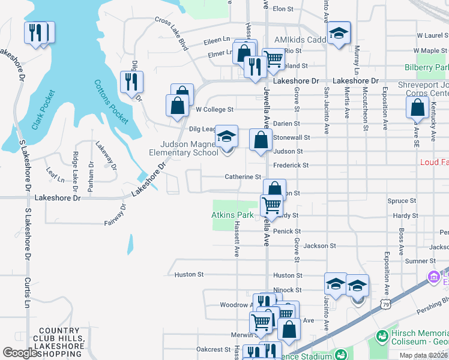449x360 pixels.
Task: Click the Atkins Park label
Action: click(x=232, y=215)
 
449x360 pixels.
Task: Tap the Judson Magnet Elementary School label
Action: click(x=189, y=148)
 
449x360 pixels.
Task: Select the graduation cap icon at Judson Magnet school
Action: click(x=226, y=137)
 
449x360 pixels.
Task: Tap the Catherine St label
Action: click(x=243, y=177)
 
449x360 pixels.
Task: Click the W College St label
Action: click(x=214, y=110)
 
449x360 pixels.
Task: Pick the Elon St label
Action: click(x=283, y=9)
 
